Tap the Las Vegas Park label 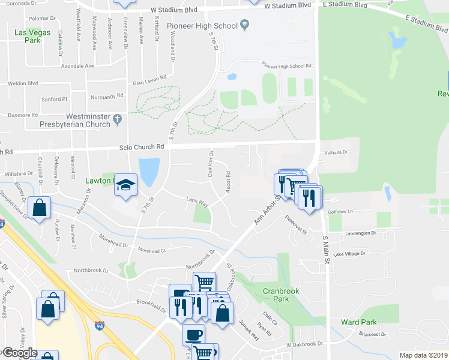tap(41, 36)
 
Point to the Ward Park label tap(358, 322)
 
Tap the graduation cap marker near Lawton tap(126, 184)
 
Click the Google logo tap(20, 353)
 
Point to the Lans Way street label tap(196, 201)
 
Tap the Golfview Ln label tap(343, 211)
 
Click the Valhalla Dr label tap(336, 152)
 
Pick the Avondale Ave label tap(78, 66)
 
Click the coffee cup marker tap(193, 334)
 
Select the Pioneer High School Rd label tap(285, 66)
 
